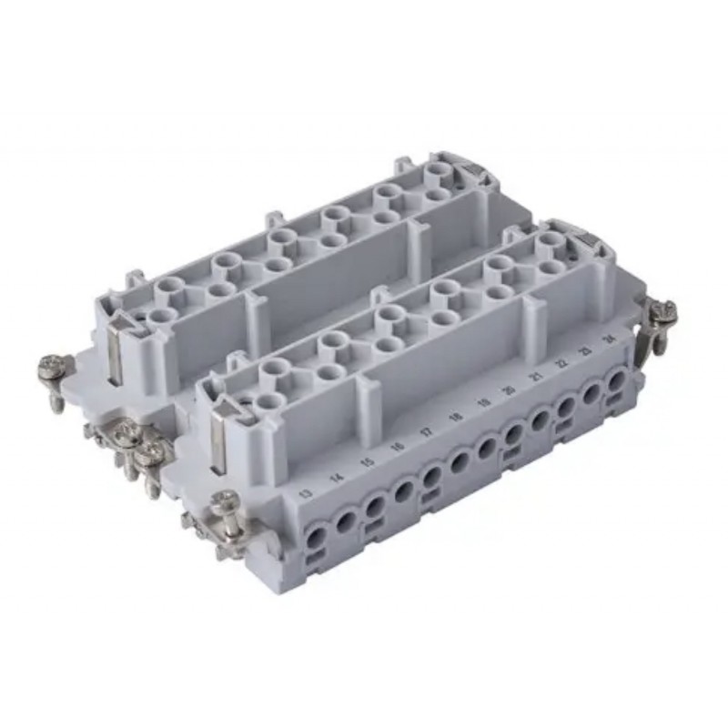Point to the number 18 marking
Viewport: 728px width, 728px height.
tap(454, 418)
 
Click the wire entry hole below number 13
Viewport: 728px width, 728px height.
tap(317, 537)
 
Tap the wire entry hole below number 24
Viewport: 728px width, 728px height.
tap(617, 382)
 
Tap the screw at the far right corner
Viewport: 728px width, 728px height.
tap(663, 311)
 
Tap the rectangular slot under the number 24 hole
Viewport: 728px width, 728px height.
tap(618, 402)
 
